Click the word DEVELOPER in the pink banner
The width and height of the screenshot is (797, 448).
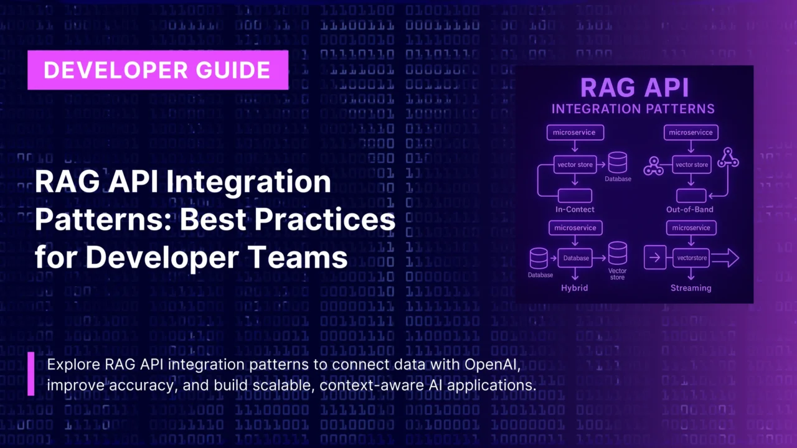tap(116, 70)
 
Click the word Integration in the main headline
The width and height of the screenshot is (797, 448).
tap(248, 183)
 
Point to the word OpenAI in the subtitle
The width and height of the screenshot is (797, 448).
tap(493, 365)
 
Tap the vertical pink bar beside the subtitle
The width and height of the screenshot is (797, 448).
tap(31, 374)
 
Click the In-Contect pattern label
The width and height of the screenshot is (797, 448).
tap(575, 210)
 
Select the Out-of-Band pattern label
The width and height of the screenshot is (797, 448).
tap(689, 210)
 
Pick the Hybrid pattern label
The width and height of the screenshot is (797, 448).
tap(574, 287)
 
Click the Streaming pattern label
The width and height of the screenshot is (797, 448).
tap(691, 288)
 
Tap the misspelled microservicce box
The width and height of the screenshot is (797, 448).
tap(691, 133)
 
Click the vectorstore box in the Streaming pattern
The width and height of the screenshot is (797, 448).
tap(691, 258)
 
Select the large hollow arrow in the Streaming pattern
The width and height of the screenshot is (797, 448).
tap(725, 258)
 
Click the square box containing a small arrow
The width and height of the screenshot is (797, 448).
tap(655, 257)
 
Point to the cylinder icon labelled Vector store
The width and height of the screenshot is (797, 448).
tap(618, 253)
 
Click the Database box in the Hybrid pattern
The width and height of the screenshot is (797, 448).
tap(575, 258)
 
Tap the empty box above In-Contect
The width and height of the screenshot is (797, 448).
tap(575, 196)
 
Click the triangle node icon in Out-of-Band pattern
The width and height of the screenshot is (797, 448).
tap(728, 157)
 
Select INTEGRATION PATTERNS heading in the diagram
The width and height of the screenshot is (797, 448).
tap(633, 109)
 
